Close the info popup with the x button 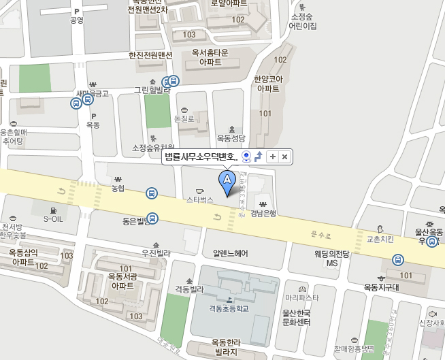click(285, 157)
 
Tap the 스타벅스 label click(200, 200)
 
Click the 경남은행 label click(263, 213)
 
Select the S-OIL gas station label click(53, 219)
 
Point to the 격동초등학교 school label click(229, 308)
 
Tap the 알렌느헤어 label click(230, 253)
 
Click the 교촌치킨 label click(380, 240)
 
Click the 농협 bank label click(119, 186)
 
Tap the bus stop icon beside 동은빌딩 click(154, 219)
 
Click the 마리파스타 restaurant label click(303, 297)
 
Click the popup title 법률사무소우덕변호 click(201, 157)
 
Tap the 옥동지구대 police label click(380, 287)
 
